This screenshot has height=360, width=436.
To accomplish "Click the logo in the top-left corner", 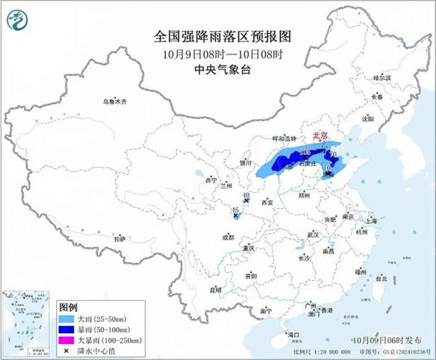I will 17,20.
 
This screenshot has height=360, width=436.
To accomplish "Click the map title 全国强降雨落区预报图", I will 222,37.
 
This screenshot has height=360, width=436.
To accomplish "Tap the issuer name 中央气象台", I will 222,69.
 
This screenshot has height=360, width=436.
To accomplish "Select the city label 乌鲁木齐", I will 114,102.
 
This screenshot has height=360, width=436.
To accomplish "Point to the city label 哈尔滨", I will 382,78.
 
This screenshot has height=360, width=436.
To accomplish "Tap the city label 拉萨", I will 119,239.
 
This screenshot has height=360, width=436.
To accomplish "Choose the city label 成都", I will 228,238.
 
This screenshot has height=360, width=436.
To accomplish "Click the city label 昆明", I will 216,290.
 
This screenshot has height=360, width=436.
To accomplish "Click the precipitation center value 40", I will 246,195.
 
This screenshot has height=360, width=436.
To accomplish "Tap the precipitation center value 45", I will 235,210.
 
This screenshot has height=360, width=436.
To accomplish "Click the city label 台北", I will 381,278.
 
